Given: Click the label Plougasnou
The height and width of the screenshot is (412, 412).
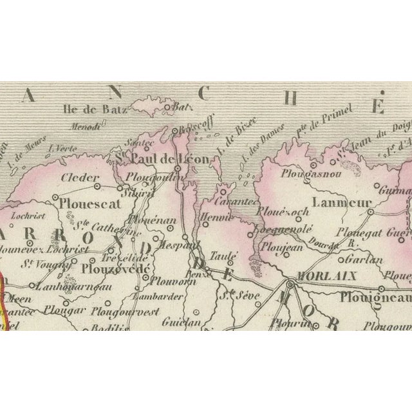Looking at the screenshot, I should [308, 174].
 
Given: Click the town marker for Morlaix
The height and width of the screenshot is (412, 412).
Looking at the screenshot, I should [291, 283].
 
